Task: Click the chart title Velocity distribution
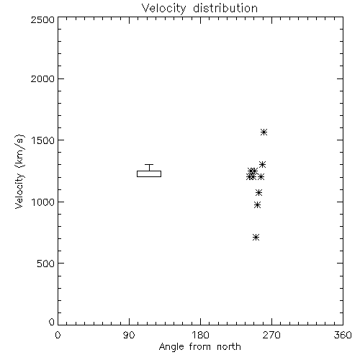coord(199,9)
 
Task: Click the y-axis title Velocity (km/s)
coord(19,171)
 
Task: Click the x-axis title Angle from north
coord(199,347)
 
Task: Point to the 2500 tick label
coord(42,19)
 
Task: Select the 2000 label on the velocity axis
coord(42,78)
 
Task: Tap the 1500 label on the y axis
coord(42,140)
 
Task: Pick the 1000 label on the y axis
coord(42,202)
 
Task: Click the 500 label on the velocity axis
coord(45,264)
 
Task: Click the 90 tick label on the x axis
coord(129,335)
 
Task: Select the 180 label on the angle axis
coord(200,335)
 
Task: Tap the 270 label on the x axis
coord(271,335)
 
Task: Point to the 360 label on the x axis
coord(343,335)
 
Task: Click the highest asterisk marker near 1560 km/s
coord(264,132)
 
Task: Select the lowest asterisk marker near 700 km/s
coord(256,238)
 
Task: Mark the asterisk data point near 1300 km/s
coord(262,165)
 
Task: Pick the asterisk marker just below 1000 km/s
coord(257,205)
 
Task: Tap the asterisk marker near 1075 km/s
coord(258,192)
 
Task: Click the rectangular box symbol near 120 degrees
coord(149,171)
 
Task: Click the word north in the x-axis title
coord(229,347)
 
